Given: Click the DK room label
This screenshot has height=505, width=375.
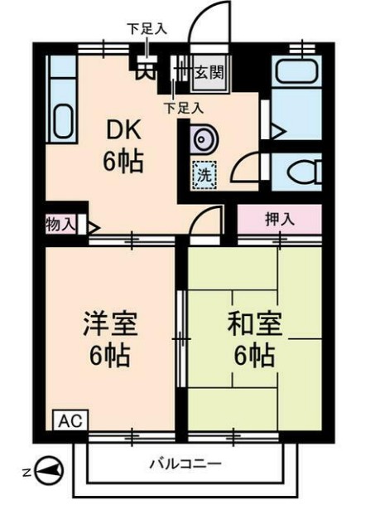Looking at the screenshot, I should point(123,129).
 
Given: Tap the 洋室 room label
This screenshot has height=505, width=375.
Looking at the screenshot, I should point(109,323).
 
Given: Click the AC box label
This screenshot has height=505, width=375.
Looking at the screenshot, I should point(70,420).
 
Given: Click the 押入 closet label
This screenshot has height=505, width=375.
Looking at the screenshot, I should point(279,220).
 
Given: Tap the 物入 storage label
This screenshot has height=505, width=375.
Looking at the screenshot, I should point(61,224).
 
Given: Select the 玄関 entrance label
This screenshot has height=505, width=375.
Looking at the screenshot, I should point(208,72).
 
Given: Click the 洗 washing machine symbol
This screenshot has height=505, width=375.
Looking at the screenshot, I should point(204,172).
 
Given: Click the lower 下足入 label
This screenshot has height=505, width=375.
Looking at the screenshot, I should point(183,108).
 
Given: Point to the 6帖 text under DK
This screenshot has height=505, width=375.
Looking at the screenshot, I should point(123,160).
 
